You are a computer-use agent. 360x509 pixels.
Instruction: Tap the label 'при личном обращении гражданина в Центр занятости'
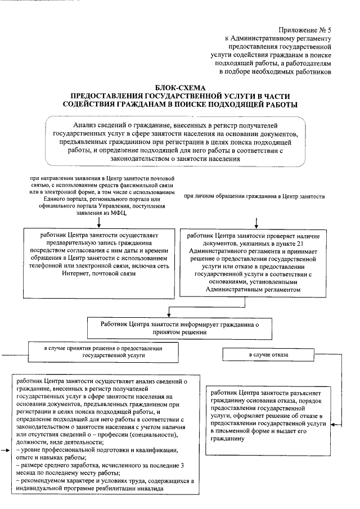pos(255,196)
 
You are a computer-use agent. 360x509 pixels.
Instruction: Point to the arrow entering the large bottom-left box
pos(6,451)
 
